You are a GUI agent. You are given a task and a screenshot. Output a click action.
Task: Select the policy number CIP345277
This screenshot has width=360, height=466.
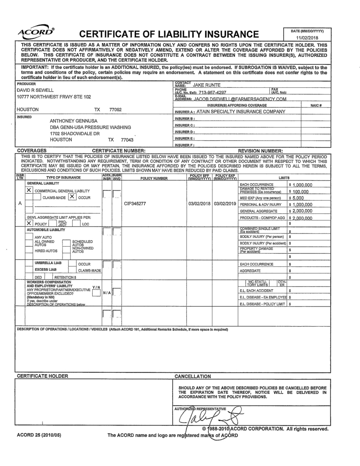click(135, 204)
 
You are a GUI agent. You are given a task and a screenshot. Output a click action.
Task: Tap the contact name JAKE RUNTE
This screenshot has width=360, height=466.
click(206, 85)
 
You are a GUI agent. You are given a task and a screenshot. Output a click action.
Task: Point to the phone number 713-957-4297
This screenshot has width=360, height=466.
click(212, 92)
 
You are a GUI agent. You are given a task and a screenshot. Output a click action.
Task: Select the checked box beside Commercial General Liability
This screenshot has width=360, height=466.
click(29, 190)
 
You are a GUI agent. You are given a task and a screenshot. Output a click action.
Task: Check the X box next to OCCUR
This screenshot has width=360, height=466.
click(72, 197)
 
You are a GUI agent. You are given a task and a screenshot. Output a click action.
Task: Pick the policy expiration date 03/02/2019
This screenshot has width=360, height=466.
click(225, 204)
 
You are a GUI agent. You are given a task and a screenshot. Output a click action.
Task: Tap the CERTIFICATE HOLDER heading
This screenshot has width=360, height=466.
click(42, 376)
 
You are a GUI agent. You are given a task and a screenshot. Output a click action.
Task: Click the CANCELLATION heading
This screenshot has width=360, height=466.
click(193, 376)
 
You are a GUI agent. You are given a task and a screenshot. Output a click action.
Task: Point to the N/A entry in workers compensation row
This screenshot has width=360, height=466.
click(106, 293)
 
